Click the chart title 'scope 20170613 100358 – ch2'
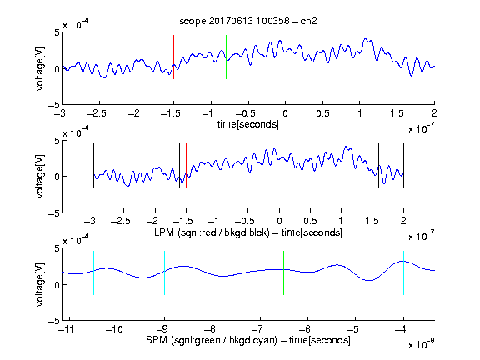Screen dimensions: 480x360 pyautogui.click(x=248, y=21)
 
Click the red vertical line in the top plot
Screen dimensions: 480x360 pyautogui.click(x=173, y=57)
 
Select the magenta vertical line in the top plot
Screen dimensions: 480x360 pyautogui.click(x=397, y=57)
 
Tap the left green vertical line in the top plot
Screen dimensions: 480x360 pyautogui.click(x=226, y=57)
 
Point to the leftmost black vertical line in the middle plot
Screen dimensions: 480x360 pyautogui.click(x=93, y=165)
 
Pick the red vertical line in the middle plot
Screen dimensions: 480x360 pyautogui.click(x=186, y=165)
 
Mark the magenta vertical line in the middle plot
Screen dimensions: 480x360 pyautogui.click(x=372, y=165)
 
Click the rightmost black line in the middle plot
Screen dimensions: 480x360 pyautogui.click(x=403, y=165)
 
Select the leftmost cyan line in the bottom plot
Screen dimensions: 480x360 pyautogui.click(x=93, y=272)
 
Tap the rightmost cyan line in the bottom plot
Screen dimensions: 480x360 pyautogui.click(x=403, y=272)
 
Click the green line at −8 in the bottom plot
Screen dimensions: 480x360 pyautogui.click(x=212, y=272)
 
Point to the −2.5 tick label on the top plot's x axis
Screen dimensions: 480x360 pyautogui.click(x=96, y=113)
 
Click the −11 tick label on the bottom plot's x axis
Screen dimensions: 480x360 pyautogui.click(x=66, y=329)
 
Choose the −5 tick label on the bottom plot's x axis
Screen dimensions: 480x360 pyautogui.click(x=355, y=329)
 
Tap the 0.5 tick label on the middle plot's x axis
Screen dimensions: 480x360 pyautogui.click(x=310, y=221)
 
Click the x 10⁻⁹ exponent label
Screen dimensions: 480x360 pyautogui.click(x=421, y=344)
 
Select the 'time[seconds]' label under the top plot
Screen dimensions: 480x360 pyautogui.click(x=248, y=124)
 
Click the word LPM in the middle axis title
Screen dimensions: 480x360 pyautogui.click(x=164, y=232)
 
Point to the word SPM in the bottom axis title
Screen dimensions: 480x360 pyautogui.click(x=157, y=340)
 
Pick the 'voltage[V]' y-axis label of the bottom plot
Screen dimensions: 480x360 pyautogui.click(x=40, y=284)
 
